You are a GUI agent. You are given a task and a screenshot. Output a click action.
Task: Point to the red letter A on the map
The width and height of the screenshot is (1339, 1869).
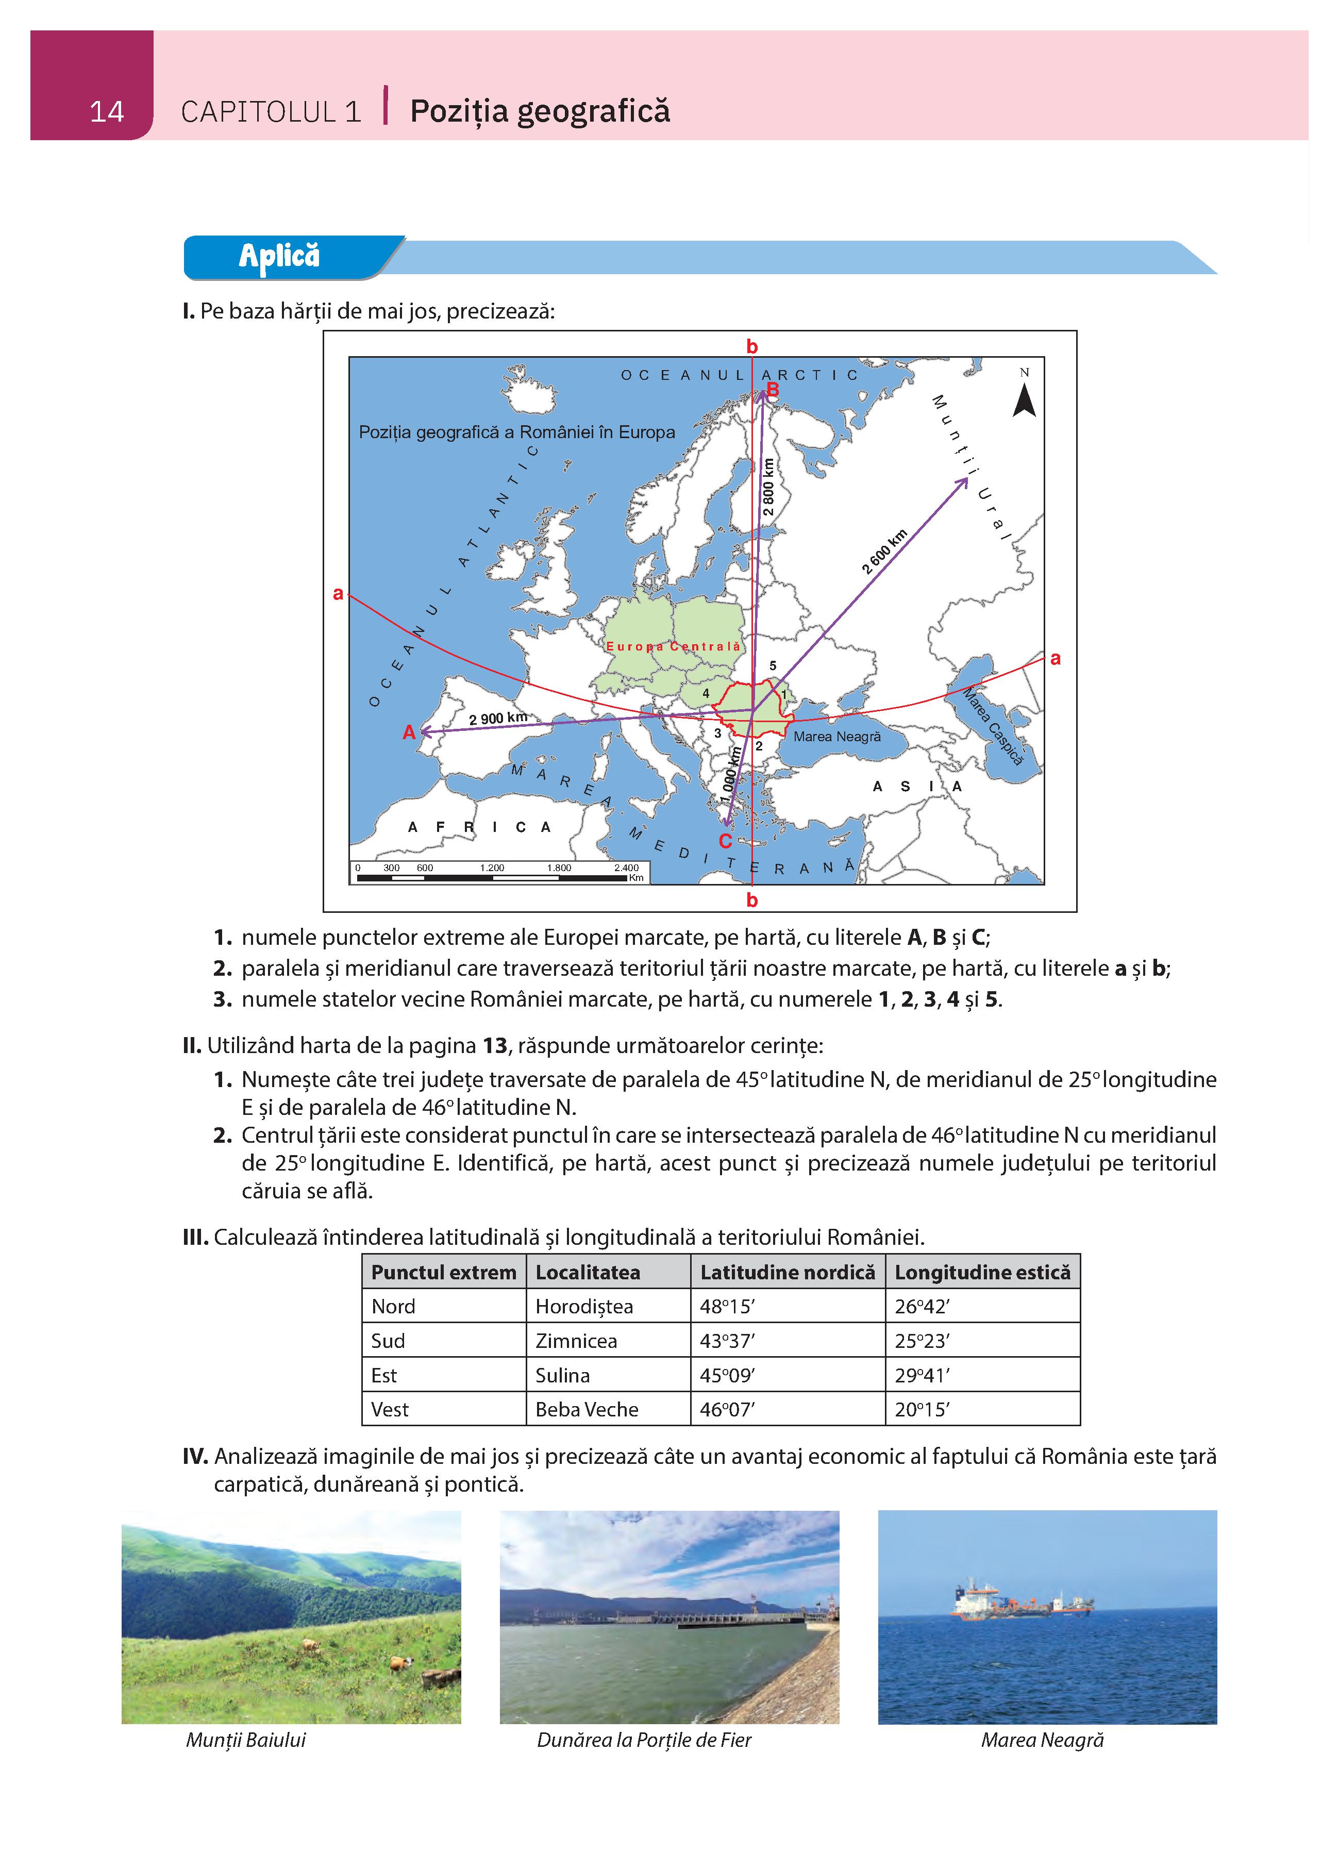(x=409, y=732)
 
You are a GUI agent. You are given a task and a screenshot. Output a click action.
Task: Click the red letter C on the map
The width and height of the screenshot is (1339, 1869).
(x=725, y=841)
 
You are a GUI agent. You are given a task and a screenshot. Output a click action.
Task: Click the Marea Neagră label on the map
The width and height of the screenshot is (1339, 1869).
(x=836, y=737)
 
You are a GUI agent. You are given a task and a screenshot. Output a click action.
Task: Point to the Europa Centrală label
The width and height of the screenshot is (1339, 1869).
(x=673, y=646)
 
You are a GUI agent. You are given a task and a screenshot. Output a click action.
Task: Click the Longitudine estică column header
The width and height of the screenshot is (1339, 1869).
(x=982, y=1272)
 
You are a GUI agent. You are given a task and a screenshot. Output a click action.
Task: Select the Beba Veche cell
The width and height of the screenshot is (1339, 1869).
(x=587, y=1410)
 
